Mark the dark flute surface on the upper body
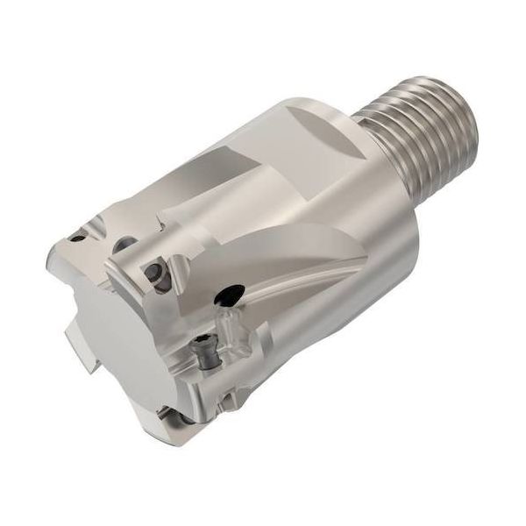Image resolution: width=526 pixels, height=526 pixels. click(x=188, y=188)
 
